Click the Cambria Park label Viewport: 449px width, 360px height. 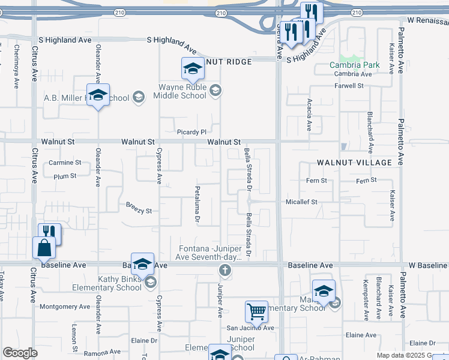point(354,65)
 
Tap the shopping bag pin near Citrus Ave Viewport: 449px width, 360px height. point(44,247)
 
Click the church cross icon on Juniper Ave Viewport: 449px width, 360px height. point(225,270)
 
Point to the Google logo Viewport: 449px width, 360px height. point(20,353)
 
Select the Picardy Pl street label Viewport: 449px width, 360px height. point(191,132)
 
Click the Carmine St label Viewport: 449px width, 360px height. point(65,163)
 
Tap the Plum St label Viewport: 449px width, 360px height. point(65,176)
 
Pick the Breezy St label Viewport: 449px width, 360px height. point(139,211)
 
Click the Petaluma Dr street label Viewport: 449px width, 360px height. point(197,204)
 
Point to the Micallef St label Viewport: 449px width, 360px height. point(301,202)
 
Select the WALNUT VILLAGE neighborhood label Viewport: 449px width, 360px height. point(354,163)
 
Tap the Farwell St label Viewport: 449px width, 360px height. point(349,86)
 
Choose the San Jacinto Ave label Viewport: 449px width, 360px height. point(250,328)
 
